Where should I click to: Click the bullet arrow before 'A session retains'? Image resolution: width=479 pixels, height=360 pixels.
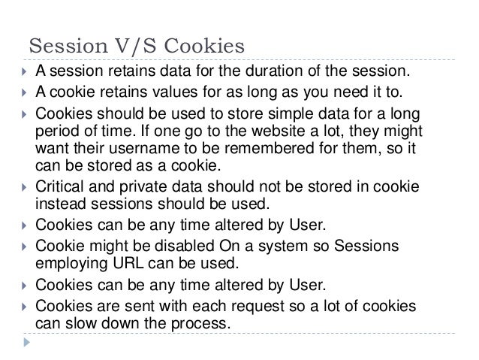click(26, 73)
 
